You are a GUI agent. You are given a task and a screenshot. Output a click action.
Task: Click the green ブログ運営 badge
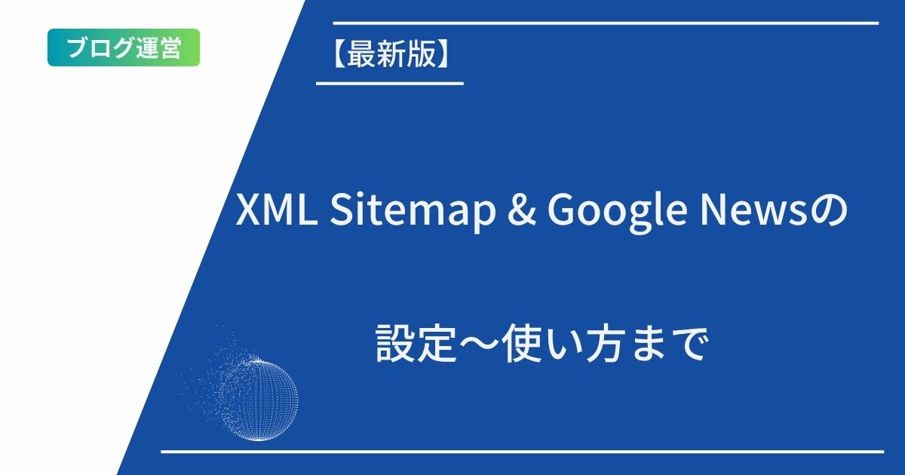coord(124,47)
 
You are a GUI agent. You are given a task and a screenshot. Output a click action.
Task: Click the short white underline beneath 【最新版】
coord(389,83)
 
